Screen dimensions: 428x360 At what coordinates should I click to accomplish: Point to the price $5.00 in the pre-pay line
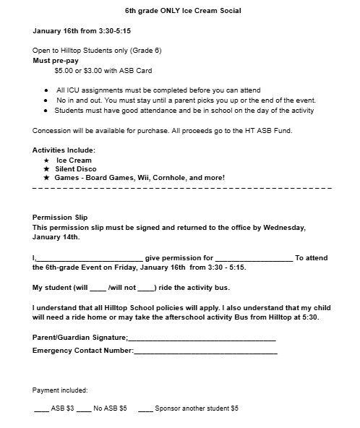tap(65, 71)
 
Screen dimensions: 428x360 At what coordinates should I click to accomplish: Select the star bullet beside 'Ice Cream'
tap(47, 160)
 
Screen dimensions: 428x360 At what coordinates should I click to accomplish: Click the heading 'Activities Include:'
tap(64, 150)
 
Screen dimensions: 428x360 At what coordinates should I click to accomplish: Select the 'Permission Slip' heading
tap(60, 217)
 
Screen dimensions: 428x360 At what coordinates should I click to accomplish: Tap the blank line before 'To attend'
tap(254, 258)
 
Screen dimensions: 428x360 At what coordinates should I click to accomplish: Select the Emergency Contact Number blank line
tap(205, 351)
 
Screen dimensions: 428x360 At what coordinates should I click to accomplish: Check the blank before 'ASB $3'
tap(41, 409)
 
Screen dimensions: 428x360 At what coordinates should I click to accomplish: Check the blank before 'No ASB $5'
tap(84, 409)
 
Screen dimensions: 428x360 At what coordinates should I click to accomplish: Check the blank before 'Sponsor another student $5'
tap(145, 409)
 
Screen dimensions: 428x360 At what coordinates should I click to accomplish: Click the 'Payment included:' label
tap(60, 390)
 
